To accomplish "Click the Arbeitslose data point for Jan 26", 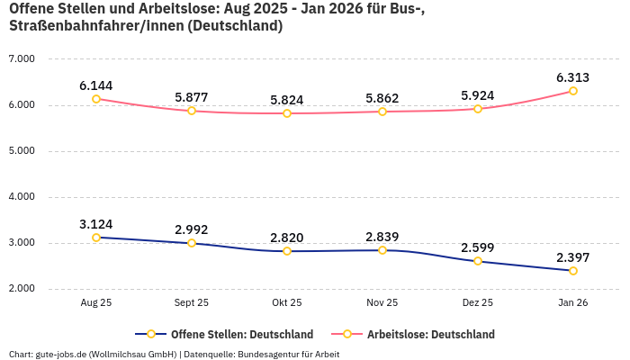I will (x=573, y=91).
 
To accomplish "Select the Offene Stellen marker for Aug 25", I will (x=96, y=238).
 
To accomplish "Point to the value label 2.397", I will (x=573, y=256).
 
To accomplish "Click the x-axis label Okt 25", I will (x=287, y=303).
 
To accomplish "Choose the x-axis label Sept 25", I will (x=192, y=303).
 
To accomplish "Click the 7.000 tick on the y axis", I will (x=21, y=58).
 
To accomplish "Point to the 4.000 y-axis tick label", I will (x=21, y=196).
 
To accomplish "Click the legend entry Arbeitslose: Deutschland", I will (x=430, y=334).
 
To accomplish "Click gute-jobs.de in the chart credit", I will (x=60, y=354).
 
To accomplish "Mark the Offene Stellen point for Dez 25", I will (x=478, y=261).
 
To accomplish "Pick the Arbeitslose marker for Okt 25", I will (x=287, y=113).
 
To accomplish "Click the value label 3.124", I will (x=96, y=224).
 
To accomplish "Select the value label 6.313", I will (x=573, y=77).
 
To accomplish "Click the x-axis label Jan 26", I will (x=573, y=303).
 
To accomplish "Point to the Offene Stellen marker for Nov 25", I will (x=382, y=250).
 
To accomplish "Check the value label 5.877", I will (x=192, y=97).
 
